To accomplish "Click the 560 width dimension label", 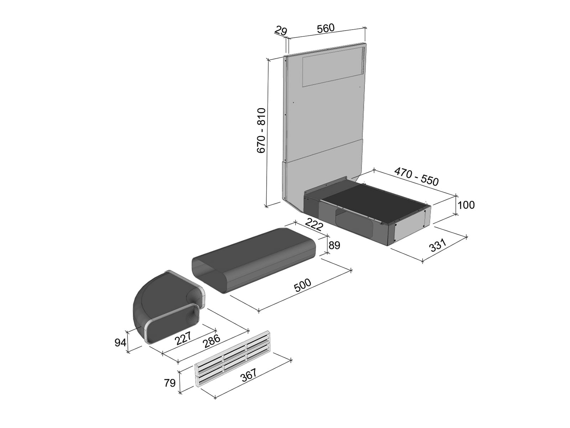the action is point(326,28).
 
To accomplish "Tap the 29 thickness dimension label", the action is point(281,31).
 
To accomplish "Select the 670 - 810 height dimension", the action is point(261,131).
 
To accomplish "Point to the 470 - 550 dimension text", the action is point(416,177).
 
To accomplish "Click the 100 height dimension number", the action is point(466,205).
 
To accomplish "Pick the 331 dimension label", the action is point(438,245).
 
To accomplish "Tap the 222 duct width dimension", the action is point(314,225).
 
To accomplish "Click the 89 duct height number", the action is point(334,245).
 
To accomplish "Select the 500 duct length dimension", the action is point(302,285).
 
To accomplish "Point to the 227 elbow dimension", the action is point(183,338).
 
